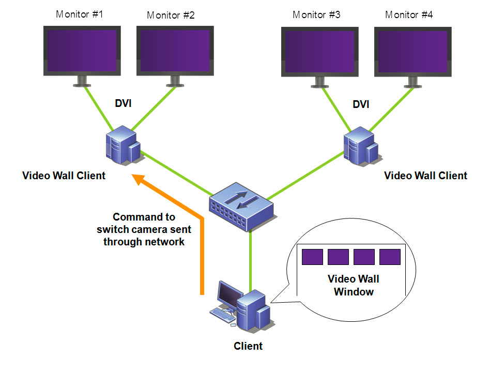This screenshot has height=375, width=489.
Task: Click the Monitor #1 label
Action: [x=79, y=14]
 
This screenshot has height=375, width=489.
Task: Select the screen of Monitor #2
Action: [x=175, y=51]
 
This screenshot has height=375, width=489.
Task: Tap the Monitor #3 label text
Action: [x=316, y=14]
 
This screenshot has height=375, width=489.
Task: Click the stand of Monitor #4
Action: [x=412, y=82]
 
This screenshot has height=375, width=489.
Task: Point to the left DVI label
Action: [x=123, y=103]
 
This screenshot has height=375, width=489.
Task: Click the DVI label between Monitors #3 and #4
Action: [x=361, y=104]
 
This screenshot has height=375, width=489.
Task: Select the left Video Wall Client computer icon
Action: [x=124, y=145]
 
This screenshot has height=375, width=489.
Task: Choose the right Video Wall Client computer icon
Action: [x=361, y=146]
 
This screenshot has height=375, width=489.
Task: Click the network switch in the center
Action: [x=241, y=207]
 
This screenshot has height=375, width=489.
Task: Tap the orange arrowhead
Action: [x=140, y=179]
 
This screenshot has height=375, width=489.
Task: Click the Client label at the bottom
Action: [x=248, y=346]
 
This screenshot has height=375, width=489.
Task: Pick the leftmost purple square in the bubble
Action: [x=312, y=257]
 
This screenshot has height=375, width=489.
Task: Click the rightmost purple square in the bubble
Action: [x=390, y=257]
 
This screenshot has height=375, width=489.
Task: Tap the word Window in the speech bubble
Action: [x=354, y=292]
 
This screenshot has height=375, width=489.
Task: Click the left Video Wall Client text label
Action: [x=64, y=176]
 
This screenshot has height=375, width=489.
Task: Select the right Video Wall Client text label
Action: [x=426, y=176]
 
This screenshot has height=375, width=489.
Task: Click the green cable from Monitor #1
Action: [x=99, y=109]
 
